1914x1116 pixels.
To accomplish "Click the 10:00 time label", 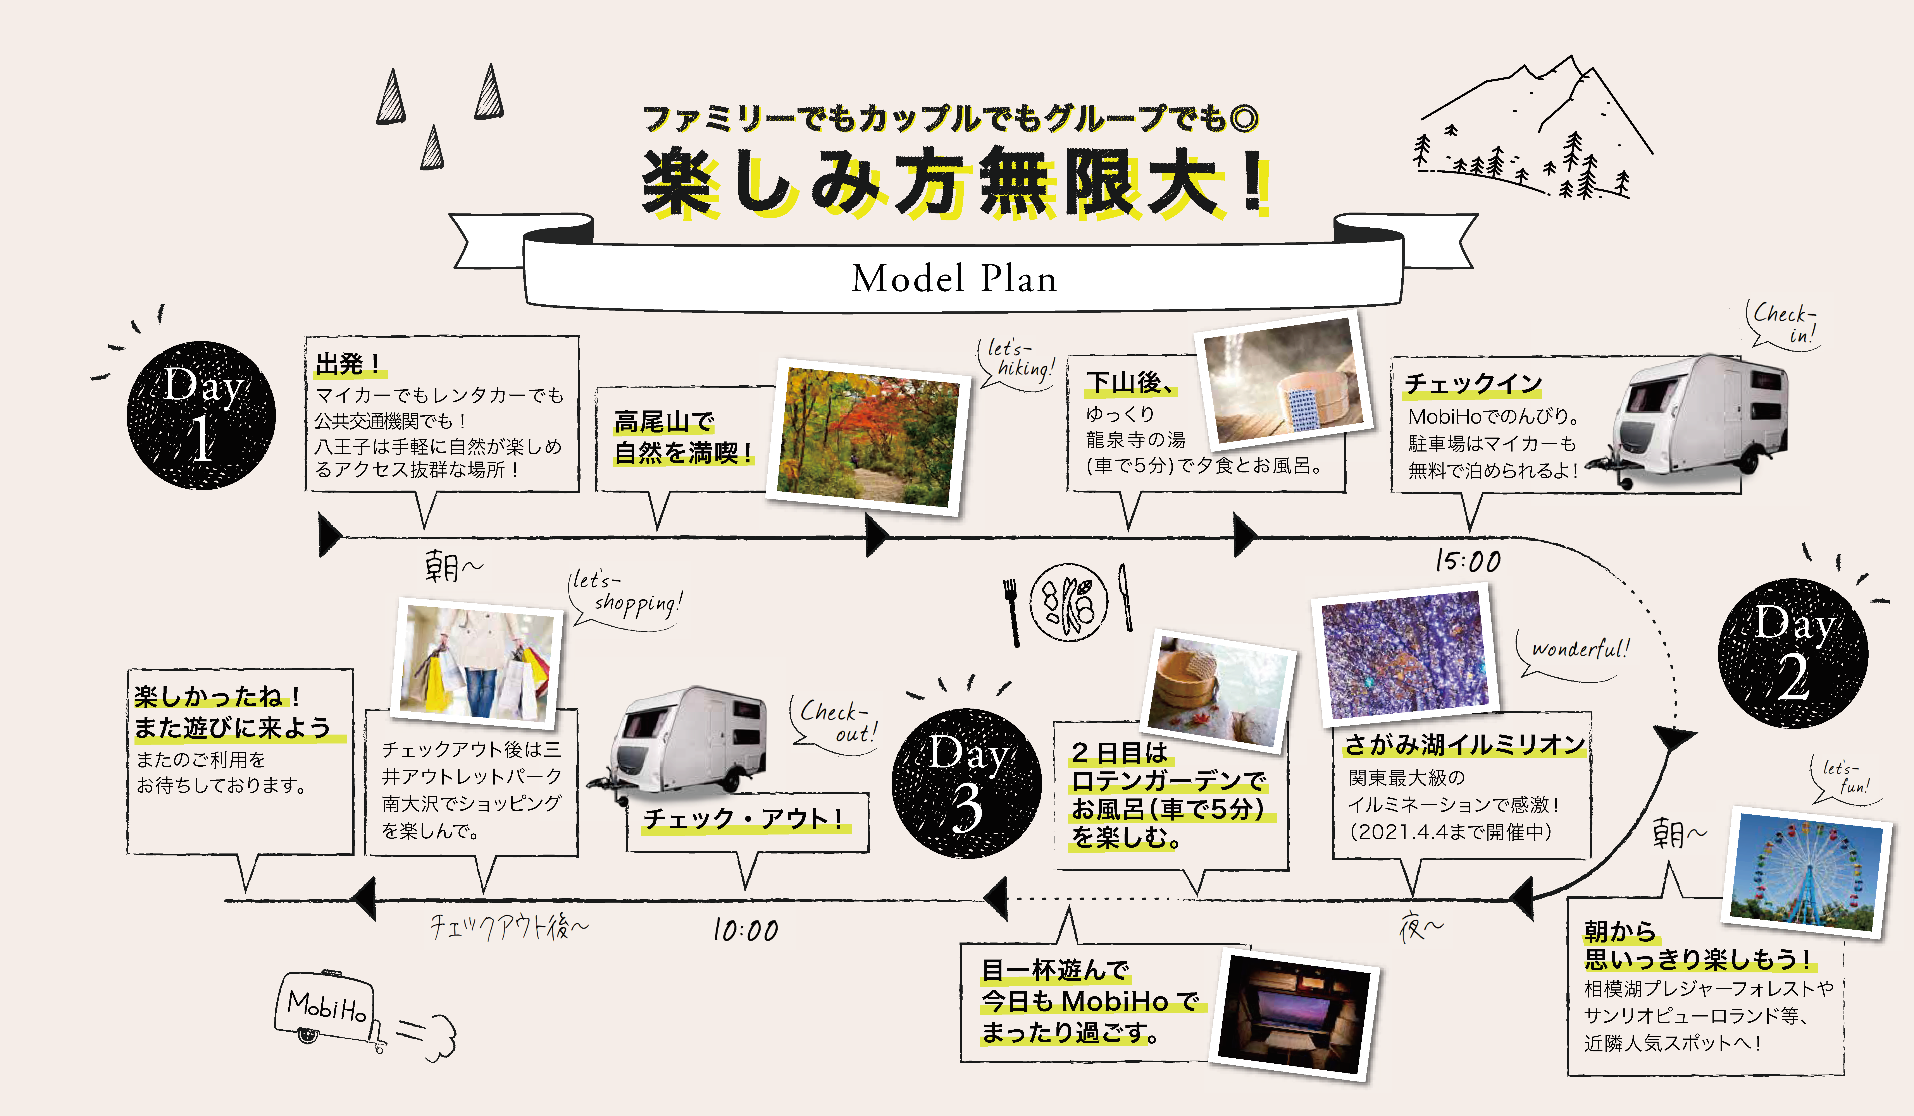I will (x=745, y=930).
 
